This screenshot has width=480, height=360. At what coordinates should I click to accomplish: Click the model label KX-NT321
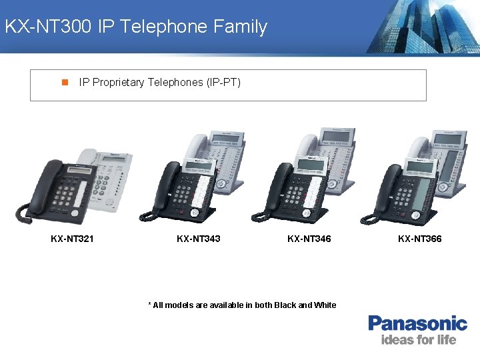(72, 239)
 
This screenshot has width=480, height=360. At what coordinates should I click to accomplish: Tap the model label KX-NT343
(198, 239)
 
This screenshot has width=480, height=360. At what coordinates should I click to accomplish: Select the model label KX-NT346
(309, 239)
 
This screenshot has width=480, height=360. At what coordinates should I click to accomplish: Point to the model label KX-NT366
(419, 239)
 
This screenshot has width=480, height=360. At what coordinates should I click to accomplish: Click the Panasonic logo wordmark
(418, 324)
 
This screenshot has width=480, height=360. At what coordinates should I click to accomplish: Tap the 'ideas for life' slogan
(418, 340)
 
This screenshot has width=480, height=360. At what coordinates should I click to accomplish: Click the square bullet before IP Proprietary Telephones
(65, 83)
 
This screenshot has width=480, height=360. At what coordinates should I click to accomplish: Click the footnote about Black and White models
(241, 305)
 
